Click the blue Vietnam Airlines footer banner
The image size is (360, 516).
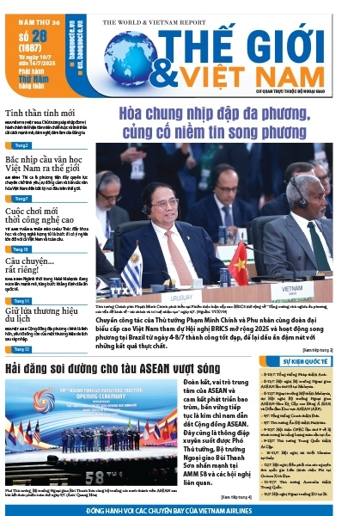click(x=180, y=509)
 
